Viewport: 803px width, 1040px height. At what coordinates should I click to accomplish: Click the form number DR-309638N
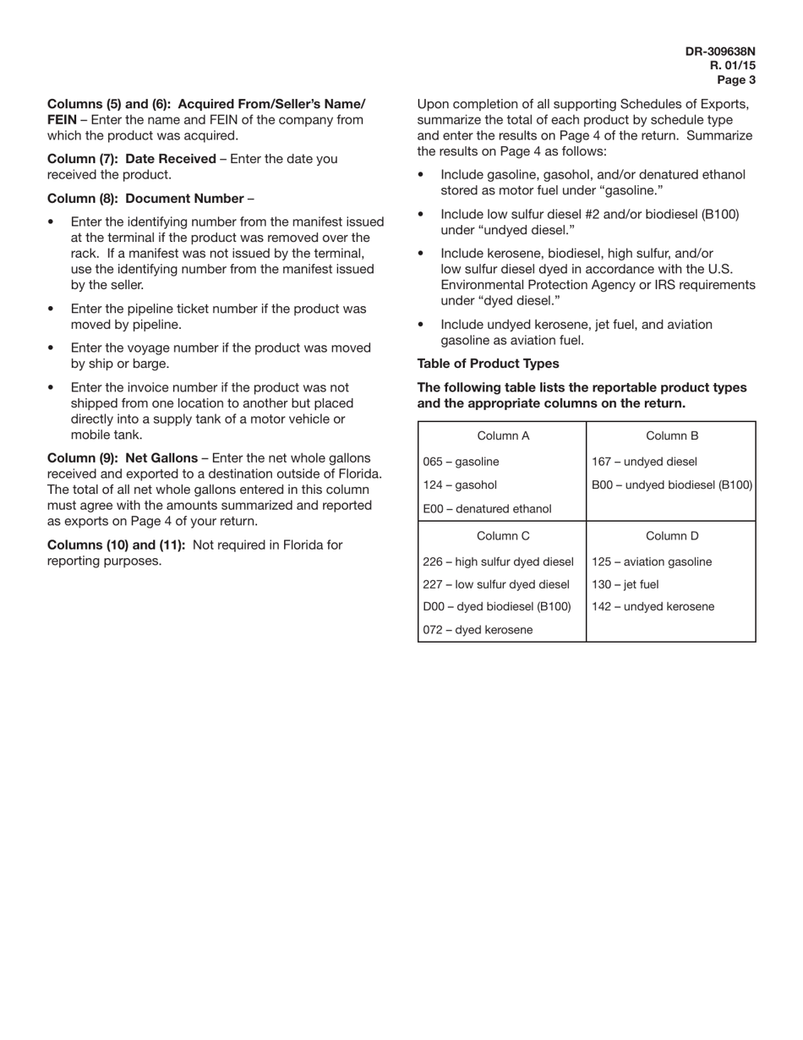click(720, 52)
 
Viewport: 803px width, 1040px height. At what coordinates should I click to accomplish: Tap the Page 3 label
click(736, 80)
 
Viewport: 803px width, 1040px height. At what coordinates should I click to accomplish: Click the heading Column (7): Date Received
click(131, 159)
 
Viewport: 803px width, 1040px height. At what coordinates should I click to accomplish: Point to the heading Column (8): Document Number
click(145, 199)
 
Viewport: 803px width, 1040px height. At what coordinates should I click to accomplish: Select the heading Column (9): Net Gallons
click(122, 457)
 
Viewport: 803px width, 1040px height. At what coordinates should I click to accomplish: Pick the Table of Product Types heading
click(488, 364)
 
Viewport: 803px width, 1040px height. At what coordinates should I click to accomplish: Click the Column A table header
click(502, 436)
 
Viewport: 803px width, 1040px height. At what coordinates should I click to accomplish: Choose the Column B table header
click(671, 436)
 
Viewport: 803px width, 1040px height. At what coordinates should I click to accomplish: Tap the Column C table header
click(502, 536)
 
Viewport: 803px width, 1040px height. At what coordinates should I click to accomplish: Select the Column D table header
click(671, 536)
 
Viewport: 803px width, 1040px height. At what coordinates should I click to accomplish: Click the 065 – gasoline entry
click(461, 462)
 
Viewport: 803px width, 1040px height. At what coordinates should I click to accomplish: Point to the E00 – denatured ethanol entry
click(486, 509)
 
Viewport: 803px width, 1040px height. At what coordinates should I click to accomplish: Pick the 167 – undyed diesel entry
click(644, 462)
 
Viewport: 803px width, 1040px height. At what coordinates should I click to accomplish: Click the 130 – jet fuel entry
click(625, 584)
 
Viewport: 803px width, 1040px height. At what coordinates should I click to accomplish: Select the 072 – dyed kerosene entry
click(478, 630)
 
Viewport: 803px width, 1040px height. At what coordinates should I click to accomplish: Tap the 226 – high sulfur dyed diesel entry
click(498, 561)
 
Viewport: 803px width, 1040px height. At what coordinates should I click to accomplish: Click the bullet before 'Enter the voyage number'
click(52, 348)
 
